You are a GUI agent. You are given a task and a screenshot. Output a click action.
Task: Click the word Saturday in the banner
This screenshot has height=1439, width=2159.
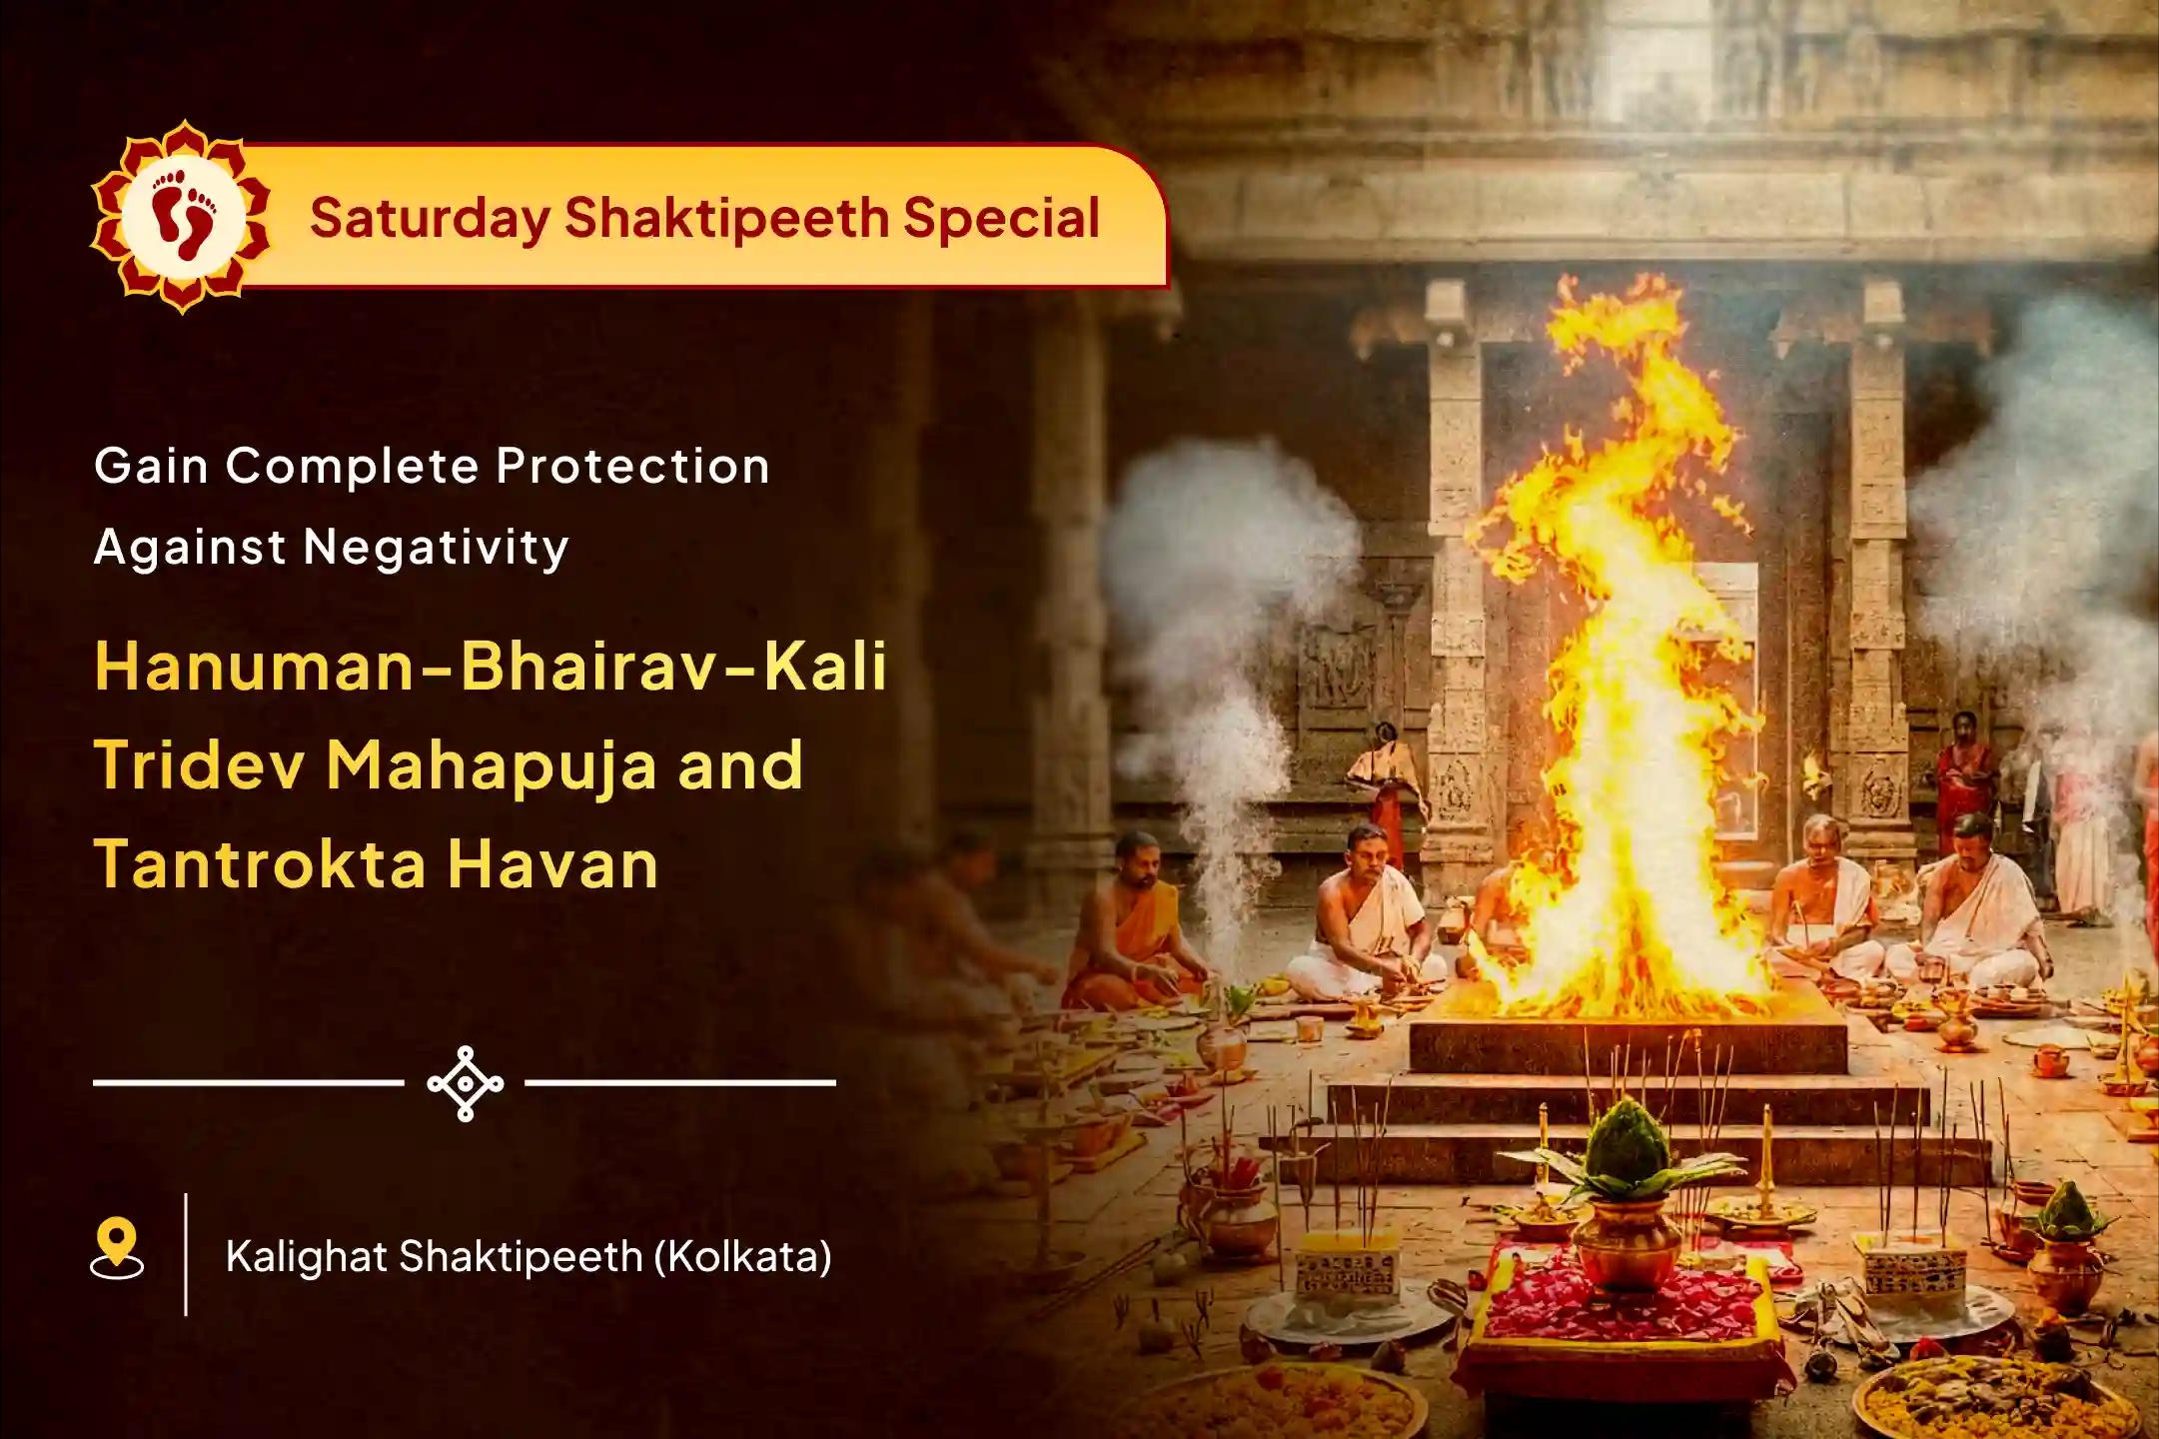point(430,219)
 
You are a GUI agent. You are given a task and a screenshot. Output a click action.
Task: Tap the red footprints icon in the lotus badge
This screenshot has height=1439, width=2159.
point(183,215)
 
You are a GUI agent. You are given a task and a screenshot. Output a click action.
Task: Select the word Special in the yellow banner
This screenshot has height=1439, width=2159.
point(1001,219)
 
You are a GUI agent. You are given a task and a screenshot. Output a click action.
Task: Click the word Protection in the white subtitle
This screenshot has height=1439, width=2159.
point(632,466)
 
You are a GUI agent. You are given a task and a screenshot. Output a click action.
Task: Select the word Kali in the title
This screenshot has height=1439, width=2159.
point(825,667)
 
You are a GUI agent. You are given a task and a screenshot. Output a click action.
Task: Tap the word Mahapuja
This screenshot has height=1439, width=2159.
point(490,765)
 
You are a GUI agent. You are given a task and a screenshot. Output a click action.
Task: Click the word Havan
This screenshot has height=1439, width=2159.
point(552,864)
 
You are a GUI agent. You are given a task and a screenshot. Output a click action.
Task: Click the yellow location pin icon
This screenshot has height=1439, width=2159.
point(117,1246)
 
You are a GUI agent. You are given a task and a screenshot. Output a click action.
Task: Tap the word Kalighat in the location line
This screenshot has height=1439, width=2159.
point(306,1257)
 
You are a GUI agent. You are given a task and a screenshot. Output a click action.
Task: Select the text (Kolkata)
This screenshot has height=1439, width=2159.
point(742,1257)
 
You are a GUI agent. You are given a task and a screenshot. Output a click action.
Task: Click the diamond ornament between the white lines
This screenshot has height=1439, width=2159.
point(466,1083)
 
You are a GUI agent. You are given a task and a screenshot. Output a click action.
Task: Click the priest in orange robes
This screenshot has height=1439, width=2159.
point(1135,924)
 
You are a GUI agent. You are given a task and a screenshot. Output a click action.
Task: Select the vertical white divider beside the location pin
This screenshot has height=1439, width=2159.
point(186,1254)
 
